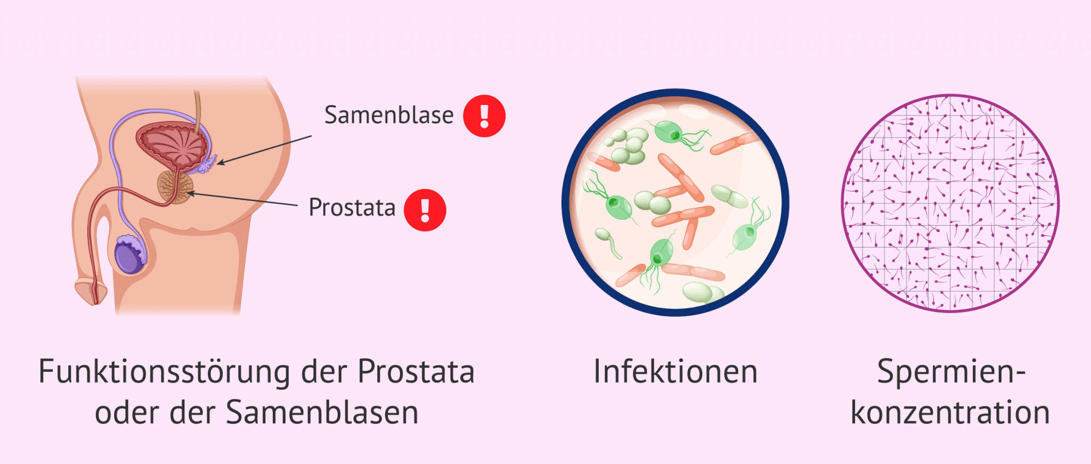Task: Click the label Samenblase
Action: click(x=389, y=115)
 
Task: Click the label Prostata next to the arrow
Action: click(x=352, y=207)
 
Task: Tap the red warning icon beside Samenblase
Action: click(x=484, y=116)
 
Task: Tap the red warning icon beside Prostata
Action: click(x=425, y=210)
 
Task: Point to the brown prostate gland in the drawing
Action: click(x=175, y=187)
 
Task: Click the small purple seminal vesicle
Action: click(x=207, y=164)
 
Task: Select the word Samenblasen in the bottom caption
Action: click(x=322, y=413)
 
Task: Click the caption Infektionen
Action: click(x=675, y=372)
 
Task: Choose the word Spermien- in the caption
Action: click(x=951, y=372)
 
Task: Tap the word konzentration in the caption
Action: click(x=950, y=413)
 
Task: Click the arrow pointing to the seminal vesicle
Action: click(x=264, y=150)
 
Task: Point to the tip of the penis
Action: click(x=95, y=303)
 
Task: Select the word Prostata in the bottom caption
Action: click(x=416, y=372)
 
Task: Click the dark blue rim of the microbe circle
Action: click(x=675, y=91)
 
